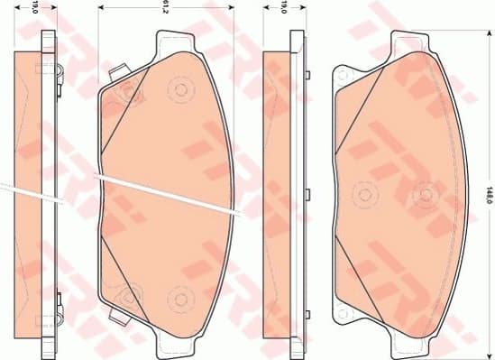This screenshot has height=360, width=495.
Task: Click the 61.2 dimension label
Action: tap(166, 9)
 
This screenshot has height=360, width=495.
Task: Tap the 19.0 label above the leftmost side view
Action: tap(35, 9)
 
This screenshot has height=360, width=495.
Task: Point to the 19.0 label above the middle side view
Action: tap(282, 9)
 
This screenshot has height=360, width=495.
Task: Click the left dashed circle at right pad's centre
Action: tap(364, 192)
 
